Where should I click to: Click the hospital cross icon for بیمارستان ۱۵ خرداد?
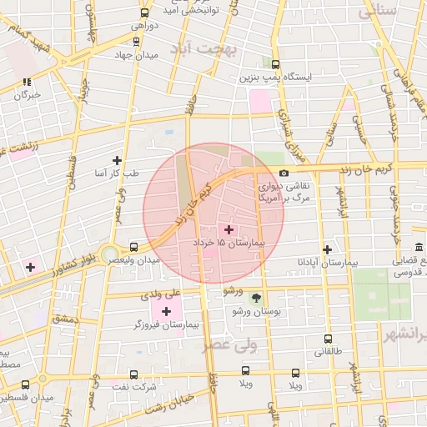click(229, 229)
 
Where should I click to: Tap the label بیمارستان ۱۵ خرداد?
click(229, 241)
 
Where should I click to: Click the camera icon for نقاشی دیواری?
click(284, 173)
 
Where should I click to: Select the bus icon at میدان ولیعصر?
click(134, 247)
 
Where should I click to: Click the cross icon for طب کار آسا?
click(117, 160)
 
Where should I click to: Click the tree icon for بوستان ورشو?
click(256, 298)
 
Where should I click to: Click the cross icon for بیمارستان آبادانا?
click(327, 249)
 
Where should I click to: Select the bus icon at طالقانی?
click(327, 339)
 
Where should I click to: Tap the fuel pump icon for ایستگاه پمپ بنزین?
click(275, 63)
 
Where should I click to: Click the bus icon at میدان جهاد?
click(136, 40)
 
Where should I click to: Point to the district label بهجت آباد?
click(212, 49)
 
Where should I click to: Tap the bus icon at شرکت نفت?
click(135, 374)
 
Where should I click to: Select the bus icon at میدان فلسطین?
click(25, 384)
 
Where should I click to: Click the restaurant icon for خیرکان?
click(27, 82)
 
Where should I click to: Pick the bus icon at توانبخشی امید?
click(144, 13)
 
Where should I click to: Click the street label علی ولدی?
click(161, 294)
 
